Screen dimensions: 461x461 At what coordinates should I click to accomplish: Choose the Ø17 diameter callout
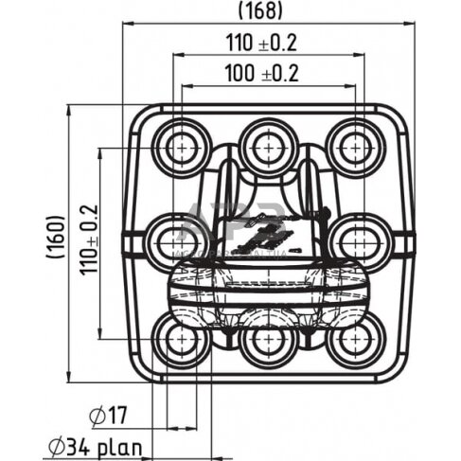112,414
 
